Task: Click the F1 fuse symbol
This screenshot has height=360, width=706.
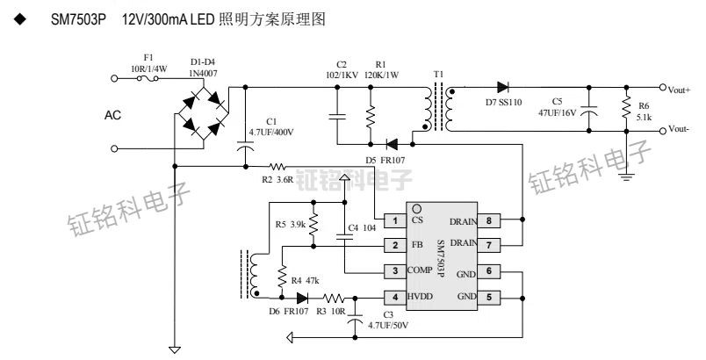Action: (150, 77)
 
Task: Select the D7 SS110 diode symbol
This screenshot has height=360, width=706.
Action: (503, 87)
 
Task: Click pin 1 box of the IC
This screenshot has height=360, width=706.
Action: (396, 220)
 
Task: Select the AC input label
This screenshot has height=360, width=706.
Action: (113, 115)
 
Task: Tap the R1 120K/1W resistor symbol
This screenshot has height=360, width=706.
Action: (371, 115)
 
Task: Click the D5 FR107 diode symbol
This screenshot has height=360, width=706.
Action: (392, 143)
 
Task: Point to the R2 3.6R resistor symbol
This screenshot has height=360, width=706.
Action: (278, 166)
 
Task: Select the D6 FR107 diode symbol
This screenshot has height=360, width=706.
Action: (304, 298)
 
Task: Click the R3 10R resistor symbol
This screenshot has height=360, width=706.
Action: (335, 298)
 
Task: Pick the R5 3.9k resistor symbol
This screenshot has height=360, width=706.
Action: (314, 224)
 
